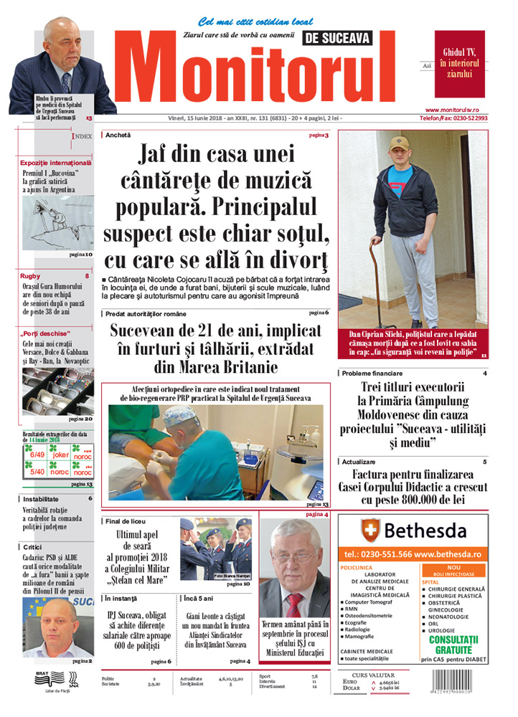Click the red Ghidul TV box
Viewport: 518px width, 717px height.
(460, 63)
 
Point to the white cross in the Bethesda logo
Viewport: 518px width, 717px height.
(370, 531)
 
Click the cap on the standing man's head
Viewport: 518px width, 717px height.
(399, 143)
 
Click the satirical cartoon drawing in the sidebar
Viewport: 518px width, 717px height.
(57, 223)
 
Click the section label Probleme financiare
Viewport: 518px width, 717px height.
(372, 374)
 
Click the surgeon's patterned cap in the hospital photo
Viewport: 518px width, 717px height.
(179, 414)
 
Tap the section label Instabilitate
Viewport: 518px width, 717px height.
(41, 498)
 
